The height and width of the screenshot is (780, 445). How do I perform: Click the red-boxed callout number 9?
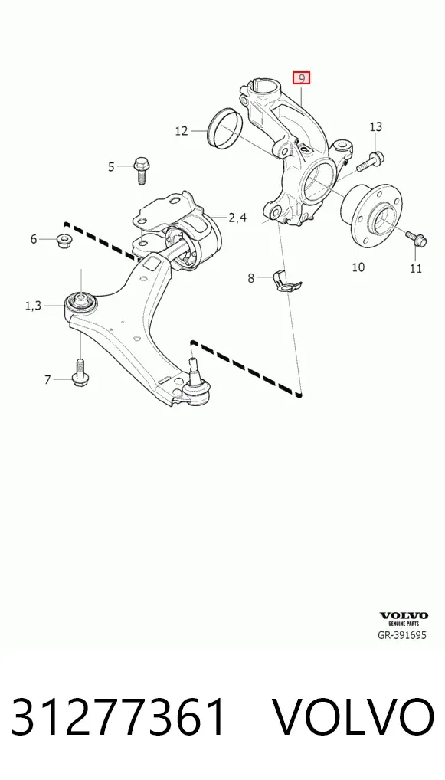301,78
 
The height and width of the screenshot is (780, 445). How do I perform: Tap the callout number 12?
182,131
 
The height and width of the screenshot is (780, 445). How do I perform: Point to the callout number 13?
376,127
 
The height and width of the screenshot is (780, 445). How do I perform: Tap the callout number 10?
358,267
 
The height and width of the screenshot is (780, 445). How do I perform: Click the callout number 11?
416,269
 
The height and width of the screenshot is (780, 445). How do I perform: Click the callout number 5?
111,166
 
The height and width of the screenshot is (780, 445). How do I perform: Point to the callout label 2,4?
237,218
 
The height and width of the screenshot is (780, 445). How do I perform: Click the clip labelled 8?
287,281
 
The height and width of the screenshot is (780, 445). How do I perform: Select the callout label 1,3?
33,306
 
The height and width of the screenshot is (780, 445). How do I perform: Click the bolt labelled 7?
80,373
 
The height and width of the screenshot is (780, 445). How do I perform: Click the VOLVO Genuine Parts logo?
403,619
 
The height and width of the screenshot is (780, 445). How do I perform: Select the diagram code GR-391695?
402,635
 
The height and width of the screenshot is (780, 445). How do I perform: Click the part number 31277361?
119,717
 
